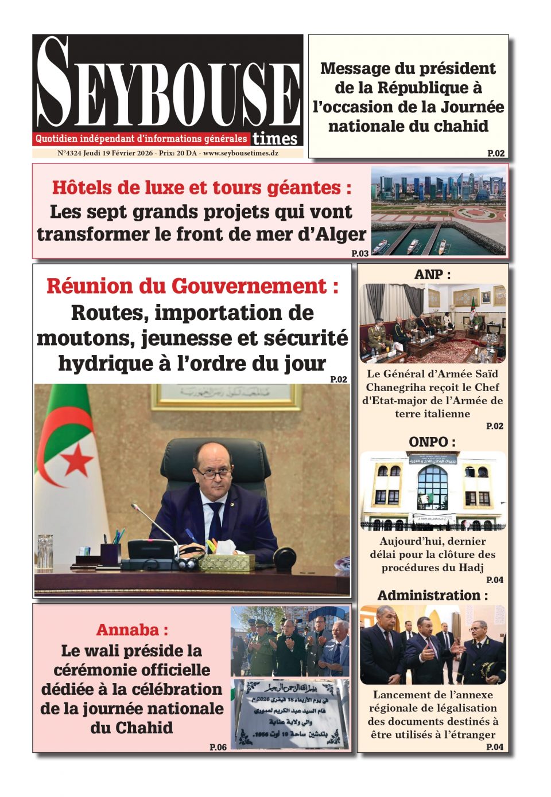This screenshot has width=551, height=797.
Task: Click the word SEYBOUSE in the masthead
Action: tap(168, 86)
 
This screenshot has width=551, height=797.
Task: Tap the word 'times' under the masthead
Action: tap(275, 139)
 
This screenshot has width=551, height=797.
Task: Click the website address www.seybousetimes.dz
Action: tap(241, 154)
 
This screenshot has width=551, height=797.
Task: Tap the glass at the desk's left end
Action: tap(45, 551)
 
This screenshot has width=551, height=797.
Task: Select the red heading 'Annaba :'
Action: tap(132, 630)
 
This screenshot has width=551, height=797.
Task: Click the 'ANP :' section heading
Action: tap(432, 275)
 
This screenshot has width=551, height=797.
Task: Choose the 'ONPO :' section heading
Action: tap(432, 442)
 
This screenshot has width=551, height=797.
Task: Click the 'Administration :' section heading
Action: tap(432, 595)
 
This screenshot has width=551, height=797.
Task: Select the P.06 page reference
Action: tap(218, 747)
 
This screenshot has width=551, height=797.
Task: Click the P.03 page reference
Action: tap(360, 253)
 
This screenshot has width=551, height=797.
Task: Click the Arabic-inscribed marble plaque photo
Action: tap(290, 714)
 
